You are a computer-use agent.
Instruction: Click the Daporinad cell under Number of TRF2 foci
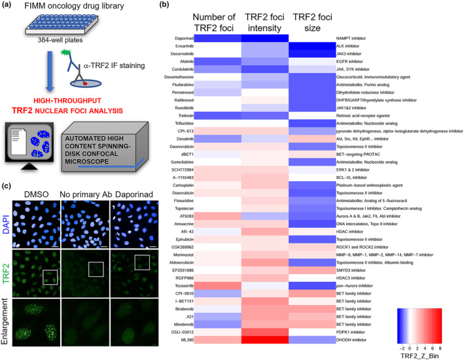point(217,40)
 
